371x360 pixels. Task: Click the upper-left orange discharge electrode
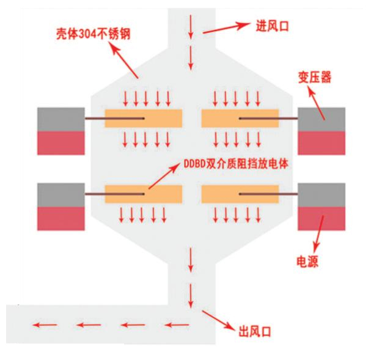(x=144, y=119)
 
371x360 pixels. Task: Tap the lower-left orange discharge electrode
(x=144, y=194)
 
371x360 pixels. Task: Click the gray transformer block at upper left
(x=61, y=118)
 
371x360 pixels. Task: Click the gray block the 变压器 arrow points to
(x=321, y=118)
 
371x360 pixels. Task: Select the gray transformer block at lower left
(x=61, y=194)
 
